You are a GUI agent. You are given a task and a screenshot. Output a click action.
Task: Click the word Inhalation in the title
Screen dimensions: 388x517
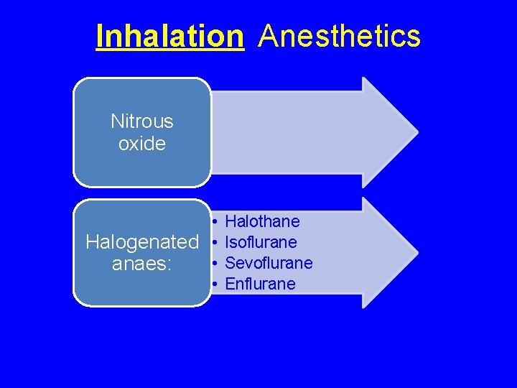pyautogui.click(x=169, y=36)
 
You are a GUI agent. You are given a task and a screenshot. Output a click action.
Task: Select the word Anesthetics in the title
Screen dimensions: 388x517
pyautogui.click(x=339, y=36)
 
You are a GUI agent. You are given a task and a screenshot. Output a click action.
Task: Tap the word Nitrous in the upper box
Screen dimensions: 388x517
pyautogui.click(x=142, y=121)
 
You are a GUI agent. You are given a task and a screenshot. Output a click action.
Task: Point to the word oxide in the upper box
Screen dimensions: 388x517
pyautogui.click(x=142, y=144)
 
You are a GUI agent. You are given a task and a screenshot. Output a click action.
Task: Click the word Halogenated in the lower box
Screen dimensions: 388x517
pyautogui.click(x=142, y=242)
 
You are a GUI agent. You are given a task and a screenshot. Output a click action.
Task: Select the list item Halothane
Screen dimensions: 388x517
pyautogui.click(x=262, y=221)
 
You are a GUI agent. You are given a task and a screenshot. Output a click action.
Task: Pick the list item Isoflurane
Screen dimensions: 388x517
pyautogui.click(x=261, y=242)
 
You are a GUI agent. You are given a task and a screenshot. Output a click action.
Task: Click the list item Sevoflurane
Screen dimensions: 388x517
pyautogui.click(x=269, y=263)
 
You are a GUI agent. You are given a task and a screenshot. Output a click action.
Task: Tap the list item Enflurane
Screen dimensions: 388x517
pyautogui.click(x=260, y=284)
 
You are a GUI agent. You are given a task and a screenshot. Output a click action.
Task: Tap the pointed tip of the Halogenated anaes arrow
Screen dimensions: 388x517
pyautogui.click(x=416, y=253)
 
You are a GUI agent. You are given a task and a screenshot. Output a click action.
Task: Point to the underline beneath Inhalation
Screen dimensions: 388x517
pyautogui.click(x=169, y=50)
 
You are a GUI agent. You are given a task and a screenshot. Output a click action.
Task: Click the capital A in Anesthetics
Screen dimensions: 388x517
pyautogui.click(x=268, y=36)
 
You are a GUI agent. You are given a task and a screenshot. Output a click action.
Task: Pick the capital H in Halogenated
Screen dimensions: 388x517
pyautogui.click(x=92, y=242)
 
